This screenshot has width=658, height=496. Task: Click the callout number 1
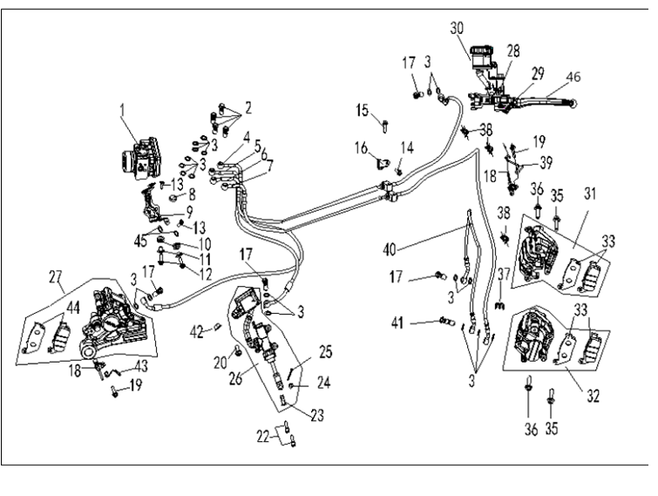(x=123, y=112)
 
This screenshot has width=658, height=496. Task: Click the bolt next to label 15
(x=384, y=127)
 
